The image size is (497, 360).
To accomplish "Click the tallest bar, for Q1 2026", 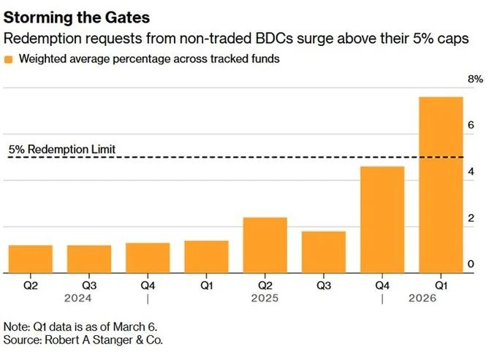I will coord(440,185).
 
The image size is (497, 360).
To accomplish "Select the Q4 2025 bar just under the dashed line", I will coord(382,220).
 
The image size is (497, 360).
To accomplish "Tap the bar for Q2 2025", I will coord(265,245).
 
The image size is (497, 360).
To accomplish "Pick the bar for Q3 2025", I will coord(323,252).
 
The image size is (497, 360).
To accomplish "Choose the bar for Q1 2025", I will coord(206,256).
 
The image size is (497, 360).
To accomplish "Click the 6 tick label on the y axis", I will coord(471,125).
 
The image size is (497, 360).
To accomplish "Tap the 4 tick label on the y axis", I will coord(471,172).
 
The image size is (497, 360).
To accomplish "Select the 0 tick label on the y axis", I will coord(471,264).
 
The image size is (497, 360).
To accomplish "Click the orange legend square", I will coord(9,60).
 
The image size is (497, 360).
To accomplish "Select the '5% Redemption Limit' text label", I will coord(62,150).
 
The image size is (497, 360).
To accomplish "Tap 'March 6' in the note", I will coord(137,326).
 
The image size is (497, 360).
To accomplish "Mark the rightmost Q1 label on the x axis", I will coord(440,285).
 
